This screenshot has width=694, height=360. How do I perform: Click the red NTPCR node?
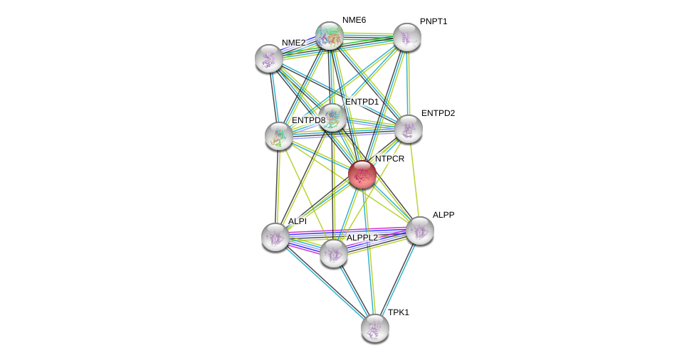(x=362, y=174)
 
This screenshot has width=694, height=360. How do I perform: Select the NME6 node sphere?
(x=330, y=36)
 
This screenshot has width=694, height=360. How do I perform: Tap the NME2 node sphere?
(x=269, y=58)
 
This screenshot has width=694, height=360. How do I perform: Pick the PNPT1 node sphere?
(x=407, y=37)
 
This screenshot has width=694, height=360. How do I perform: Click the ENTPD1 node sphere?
(x=332, y=117)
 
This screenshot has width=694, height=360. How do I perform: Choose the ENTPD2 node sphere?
(x=409, y=129)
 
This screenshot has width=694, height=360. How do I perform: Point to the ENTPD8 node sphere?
(x=278, y=135)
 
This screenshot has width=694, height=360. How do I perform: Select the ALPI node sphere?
(x=275, y=237)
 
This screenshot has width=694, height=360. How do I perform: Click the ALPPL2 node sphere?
(x=333, y=253)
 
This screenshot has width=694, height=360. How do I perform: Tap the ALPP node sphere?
(x=419, y=230)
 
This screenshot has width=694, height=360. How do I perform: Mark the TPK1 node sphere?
(x=375, y=327)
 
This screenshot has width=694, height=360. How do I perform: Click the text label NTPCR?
(x=389, y=159)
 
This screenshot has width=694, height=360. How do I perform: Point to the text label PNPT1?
(x=433, y=21)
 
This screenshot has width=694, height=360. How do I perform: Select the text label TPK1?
(x=398, y=312)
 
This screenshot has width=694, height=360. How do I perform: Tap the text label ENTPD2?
(x=437, y=113)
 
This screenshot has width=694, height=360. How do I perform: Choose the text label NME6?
(x=354, y=20)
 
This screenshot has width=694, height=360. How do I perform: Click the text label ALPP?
(x=443, y=215)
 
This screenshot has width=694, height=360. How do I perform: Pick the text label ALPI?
(x=298, y=221)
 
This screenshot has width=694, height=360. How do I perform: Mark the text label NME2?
(x=293, y=43)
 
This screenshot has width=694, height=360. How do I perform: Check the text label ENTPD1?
(x=362, y=102)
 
